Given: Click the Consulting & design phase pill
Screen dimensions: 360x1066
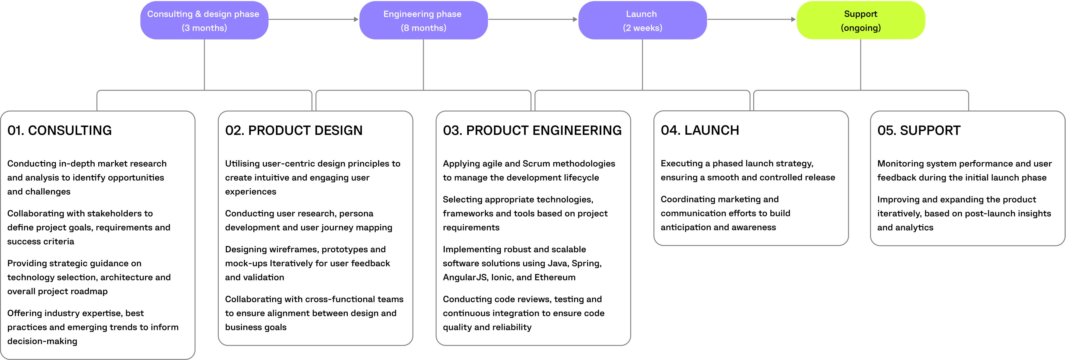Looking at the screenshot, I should click(x=204, y=20).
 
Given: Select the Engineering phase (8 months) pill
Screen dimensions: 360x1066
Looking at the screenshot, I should click(x=423, y=20).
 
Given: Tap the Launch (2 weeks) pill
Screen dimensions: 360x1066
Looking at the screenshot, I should click(x=642, y=20).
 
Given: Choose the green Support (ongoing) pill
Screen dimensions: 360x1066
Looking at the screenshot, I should click(x=860, y=20).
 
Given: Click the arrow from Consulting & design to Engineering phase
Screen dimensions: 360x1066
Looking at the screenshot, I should click(x=314, y=19).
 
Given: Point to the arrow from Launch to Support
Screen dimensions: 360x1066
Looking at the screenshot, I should click(x=751, y=19).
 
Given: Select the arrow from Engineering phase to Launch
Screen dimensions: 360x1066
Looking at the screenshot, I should click(x=533, y=19).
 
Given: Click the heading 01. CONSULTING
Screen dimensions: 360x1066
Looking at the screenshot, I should click(x=59, y=131).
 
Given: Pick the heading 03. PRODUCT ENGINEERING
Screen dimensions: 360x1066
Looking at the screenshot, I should click(x=532, y=131).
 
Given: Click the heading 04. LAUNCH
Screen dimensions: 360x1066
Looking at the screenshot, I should click(x=699, y=131).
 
